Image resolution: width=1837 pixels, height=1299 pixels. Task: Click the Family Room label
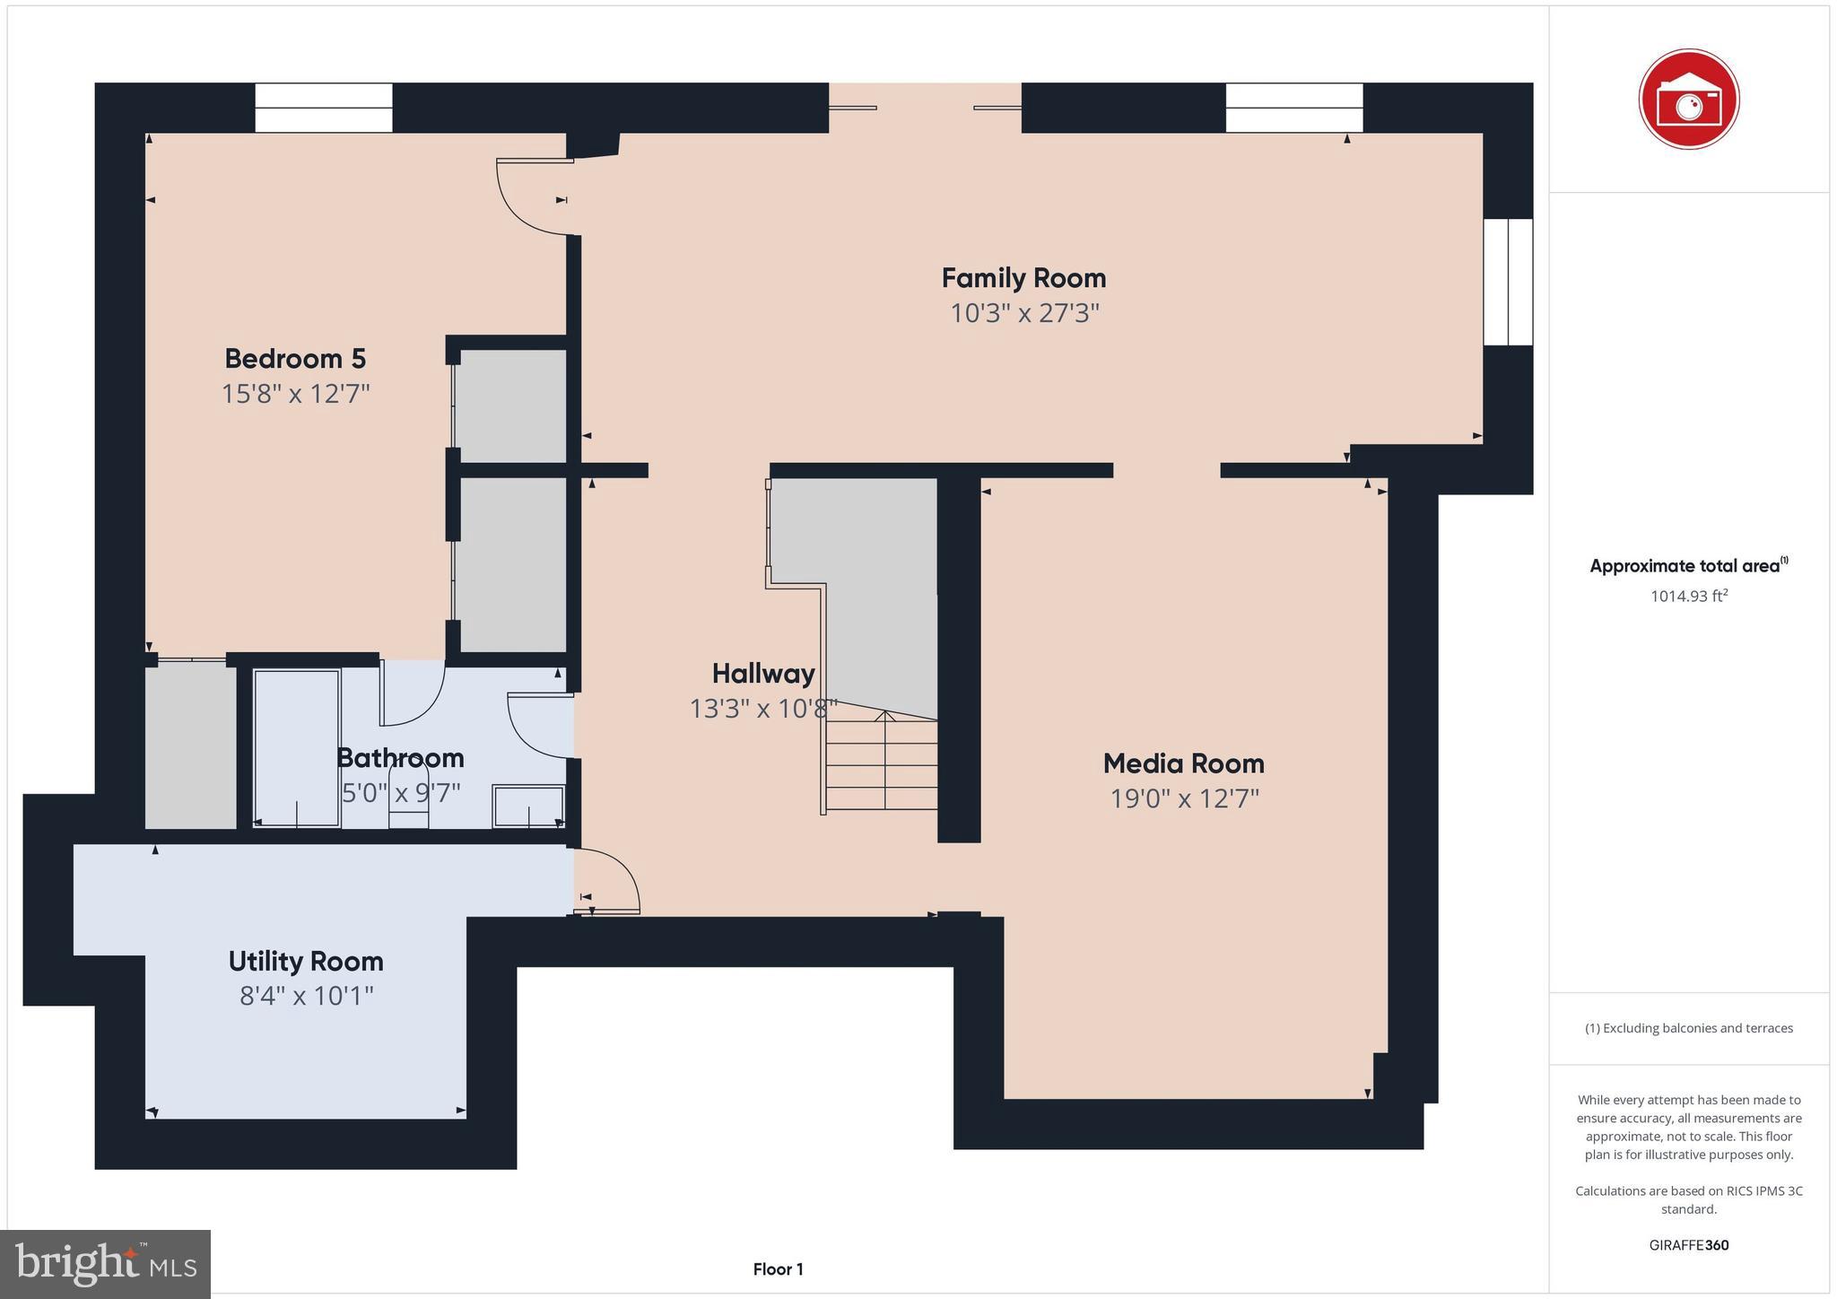pos(1023,278)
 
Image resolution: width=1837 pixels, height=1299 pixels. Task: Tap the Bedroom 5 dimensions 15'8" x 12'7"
pos(295,394)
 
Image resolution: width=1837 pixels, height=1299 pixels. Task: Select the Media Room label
pos(1183,763)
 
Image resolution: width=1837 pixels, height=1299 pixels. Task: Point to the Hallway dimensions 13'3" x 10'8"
pos(763,709)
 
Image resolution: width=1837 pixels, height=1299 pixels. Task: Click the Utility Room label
pos(306,961)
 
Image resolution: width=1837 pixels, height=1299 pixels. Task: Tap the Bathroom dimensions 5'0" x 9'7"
pos(401,793)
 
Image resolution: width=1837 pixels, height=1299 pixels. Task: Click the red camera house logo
pos(1688,99)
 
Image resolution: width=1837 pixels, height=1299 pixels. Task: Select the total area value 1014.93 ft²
pos(1688,596)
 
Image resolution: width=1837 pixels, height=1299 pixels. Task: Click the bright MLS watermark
pos(105,1264)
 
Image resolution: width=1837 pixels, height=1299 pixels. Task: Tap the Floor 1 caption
pos(778,1269)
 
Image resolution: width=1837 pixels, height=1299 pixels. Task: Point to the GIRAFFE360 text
pos(1688,1245)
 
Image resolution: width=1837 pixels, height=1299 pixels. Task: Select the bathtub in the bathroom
pos(297,747)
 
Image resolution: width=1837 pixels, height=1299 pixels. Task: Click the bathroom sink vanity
pos(528,806)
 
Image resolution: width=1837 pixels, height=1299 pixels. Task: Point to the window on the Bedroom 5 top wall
pos(324,108)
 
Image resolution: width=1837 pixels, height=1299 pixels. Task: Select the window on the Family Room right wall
pos(1508,282)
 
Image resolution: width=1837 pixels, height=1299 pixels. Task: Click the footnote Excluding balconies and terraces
pos(1688,1028)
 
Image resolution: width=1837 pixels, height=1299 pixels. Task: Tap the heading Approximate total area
pos(1686,566)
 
